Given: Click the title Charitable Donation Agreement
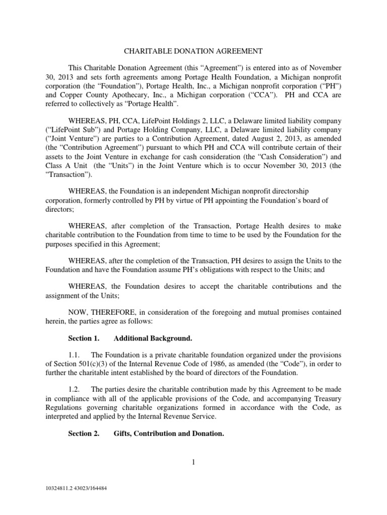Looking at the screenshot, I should [193, 51].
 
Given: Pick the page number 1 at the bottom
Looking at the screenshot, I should [193, 463].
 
